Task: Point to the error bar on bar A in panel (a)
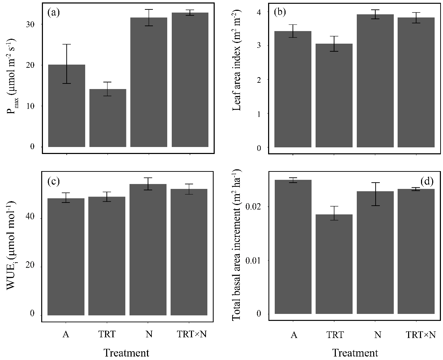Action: coord(66,64)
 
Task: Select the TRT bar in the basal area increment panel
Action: coord(334,264)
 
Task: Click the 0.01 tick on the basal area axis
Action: coord(253,260)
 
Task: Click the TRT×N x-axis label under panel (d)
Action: coord(421,335)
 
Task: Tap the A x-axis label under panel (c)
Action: coord(65,334)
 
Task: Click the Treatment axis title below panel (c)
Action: coord(126,353)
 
